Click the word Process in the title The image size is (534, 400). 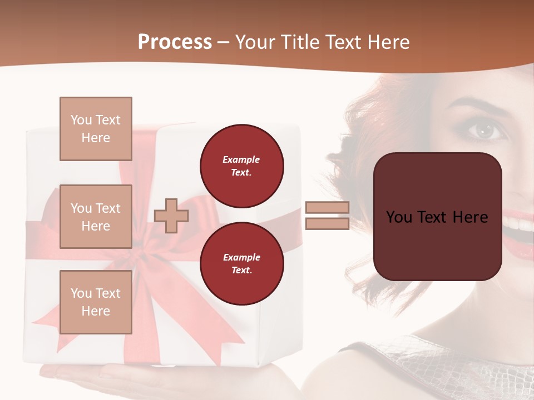click(x=175, y=42)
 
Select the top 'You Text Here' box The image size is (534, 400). click(x=96, y=129)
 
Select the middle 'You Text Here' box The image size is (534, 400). click(x=96, y=217)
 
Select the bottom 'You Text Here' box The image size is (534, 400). click(x=96, y=302)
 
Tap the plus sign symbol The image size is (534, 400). click(x=171, y=216)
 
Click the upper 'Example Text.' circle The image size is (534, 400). click(x=241, y=166)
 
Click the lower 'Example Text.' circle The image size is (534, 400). click(x=241, y=264)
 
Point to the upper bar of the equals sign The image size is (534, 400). click(x=327, y=207)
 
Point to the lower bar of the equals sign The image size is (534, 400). click(x=327, y=223)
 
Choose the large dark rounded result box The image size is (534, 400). click(x=437, y=217)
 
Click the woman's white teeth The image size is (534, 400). click(x=520, y=224)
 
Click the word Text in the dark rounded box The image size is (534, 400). click(x=437, y=217)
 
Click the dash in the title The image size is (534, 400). click(x=224, y=43)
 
